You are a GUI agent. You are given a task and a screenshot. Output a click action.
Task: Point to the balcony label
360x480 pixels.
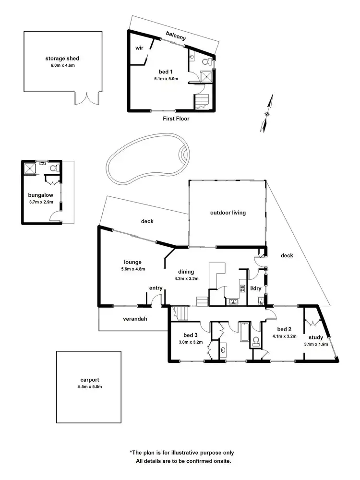click(x=176, y=34)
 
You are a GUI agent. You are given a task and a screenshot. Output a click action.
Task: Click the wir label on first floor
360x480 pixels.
click(x=140, y=48)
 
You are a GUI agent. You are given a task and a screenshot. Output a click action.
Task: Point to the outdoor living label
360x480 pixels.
click(x=228, y=213)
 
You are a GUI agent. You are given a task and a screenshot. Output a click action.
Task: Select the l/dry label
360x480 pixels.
click(x=256, y=289)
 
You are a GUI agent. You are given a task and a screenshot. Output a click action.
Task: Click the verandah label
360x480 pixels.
click(x=135, y=318)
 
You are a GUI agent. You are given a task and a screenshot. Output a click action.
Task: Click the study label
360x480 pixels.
click(x=316, y=337)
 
